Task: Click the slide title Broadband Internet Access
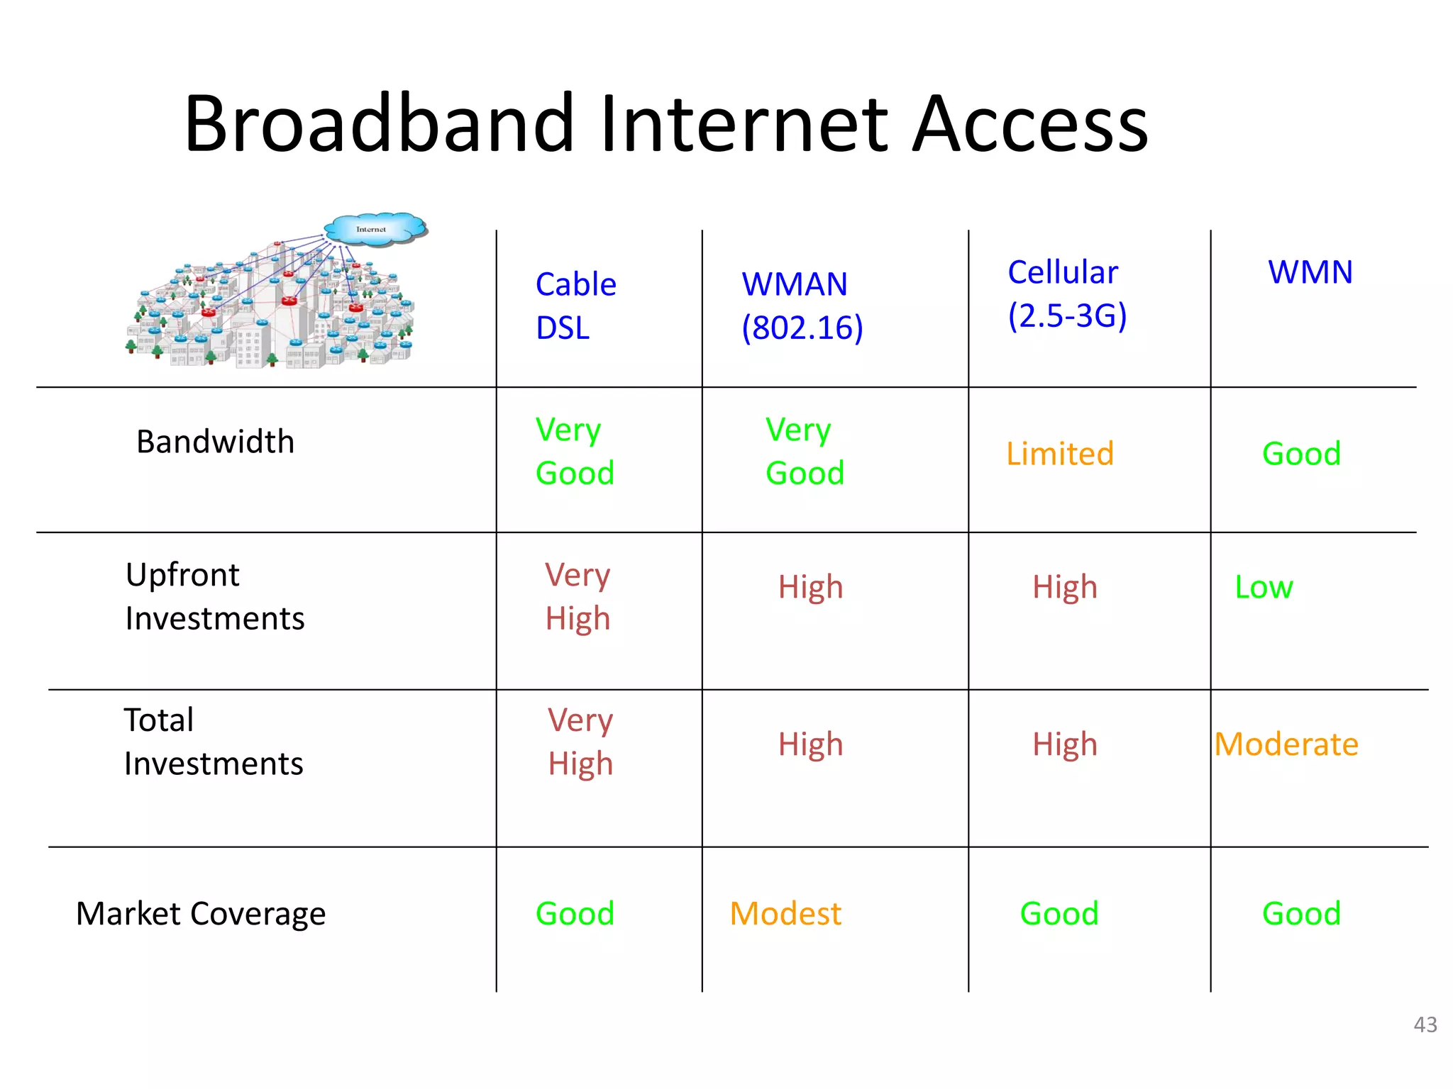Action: [665, 124]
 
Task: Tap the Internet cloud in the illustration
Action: [375, 229]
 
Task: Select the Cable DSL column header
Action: [575, 306]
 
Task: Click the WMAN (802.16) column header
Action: [802, 306]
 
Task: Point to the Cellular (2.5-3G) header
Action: [1066, 294]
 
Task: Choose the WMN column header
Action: [1310, 272]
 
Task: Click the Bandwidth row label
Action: [215, 442]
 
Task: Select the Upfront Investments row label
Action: [215, 596]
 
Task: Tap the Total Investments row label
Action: [213, 742]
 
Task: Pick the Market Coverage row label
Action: [201, 913]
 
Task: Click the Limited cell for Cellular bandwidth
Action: [1060, 454]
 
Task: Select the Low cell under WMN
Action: [1264, 587]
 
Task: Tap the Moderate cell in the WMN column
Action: [1286, 744]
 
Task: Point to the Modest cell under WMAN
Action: [785, 913]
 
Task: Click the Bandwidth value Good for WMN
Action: [1301, 454]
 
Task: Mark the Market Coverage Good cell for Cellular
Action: [1059, 913]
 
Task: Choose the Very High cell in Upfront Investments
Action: [578, 596]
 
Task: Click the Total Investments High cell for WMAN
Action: [810, 744]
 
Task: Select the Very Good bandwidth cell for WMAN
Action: [805, 451]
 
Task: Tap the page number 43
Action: [1425, 1024]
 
